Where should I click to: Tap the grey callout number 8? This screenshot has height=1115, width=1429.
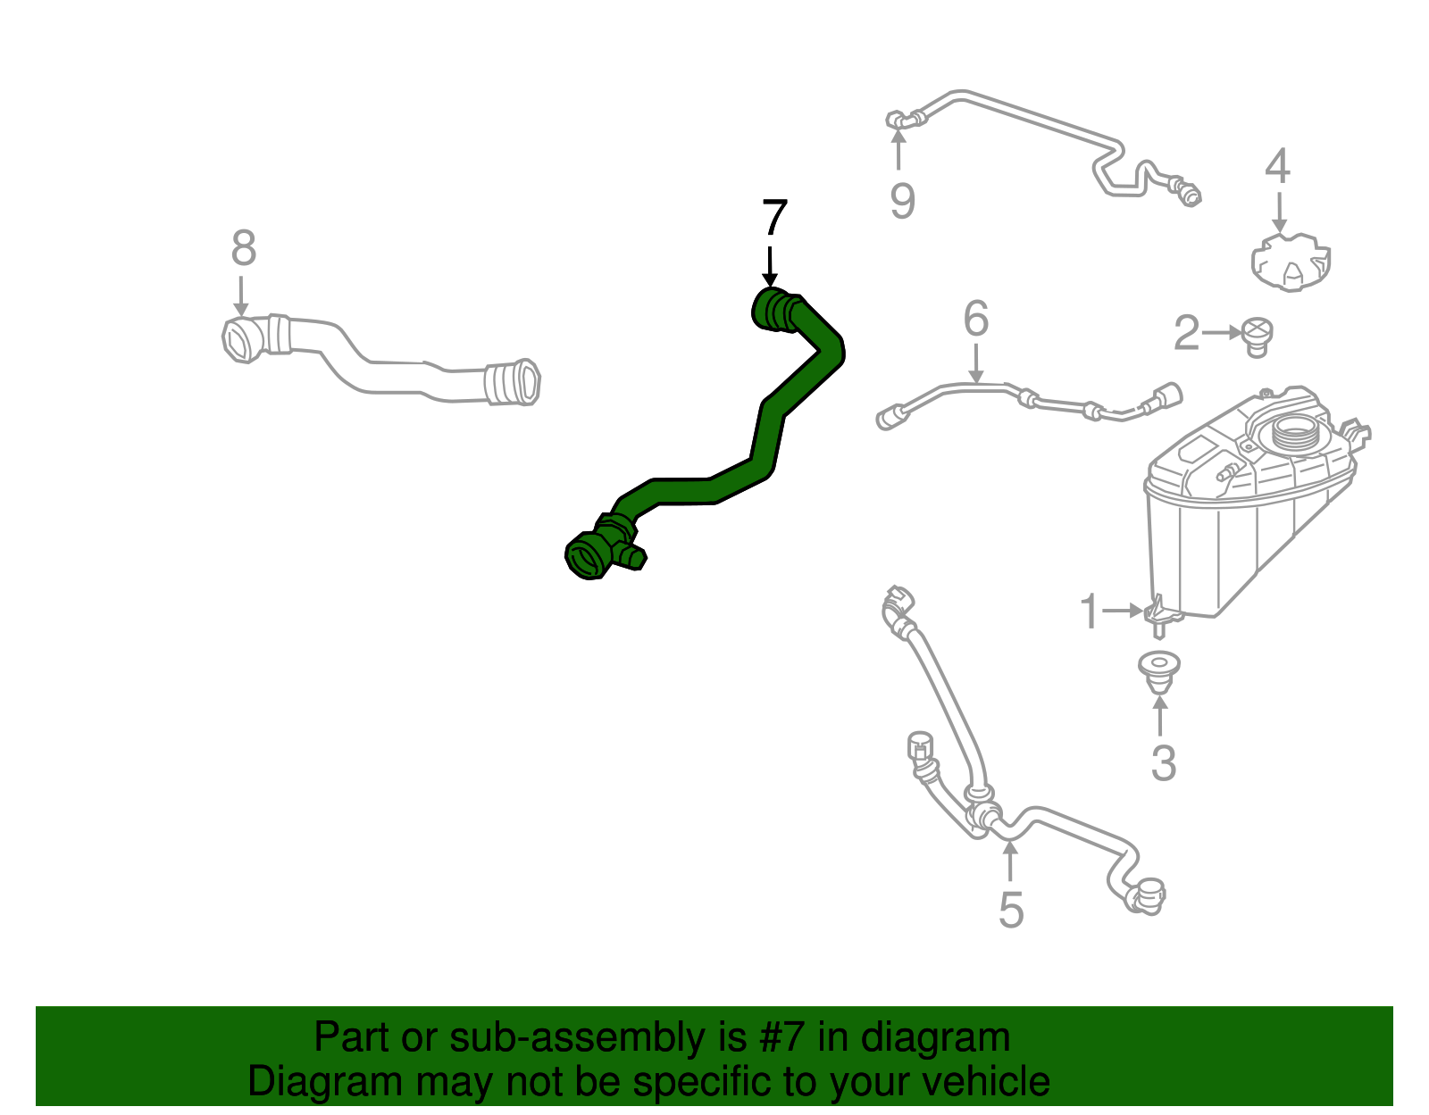pyautogui.click(x=243, y=249)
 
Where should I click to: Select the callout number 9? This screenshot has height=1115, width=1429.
pyautogui.click(x=902, y=201)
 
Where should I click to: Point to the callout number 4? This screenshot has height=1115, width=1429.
pyautogui.click(x=1278, y=167)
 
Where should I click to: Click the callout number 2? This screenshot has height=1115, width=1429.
pyautogui.click(x=1186, y=334)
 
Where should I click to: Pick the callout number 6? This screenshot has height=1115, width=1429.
pyautogui.click(x=976, y=319)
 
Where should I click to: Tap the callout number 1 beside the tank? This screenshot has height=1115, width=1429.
pyautogui.click(x=1089, y=612)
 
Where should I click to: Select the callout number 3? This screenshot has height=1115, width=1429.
pyautogui.click(x=1163, y=763)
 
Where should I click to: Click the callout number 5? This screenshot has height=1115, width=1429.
pyautogui.click(x=1010, y=910)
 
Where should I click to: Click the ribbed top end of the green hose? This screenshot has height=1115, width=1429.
pyautogui.click(x=775, y=311)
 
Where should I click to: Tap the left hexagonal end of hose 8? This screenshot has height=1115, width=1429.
pyautogui.click(x=239, y=340)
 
